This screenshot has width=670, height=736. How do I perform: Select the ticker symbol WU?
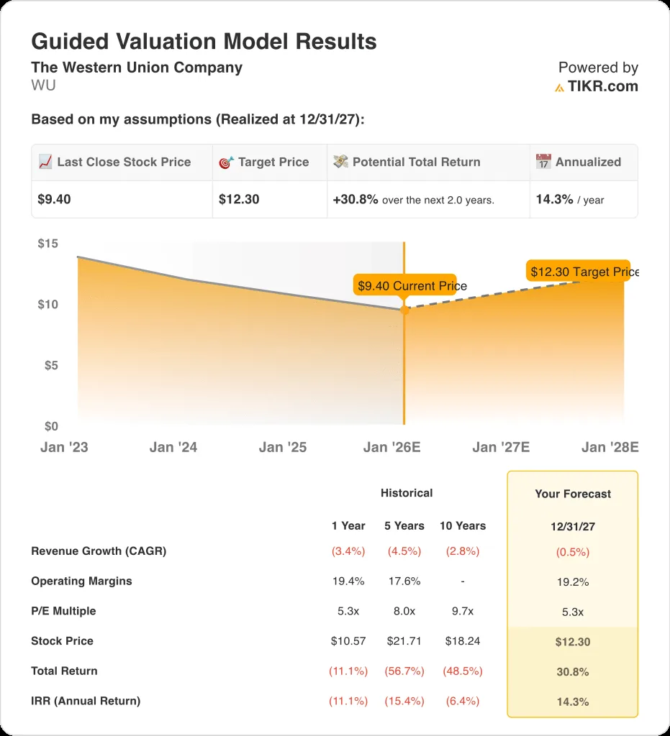click(x=43, y=86)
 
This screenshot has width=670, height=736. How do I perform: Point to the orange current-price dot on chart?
click(x=404, y=310)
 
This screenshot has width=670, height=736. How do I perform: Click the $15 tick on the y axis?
click(x=48, y=244)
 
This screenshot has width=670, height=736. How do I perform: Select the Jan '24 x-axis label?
click(x=173, y=447)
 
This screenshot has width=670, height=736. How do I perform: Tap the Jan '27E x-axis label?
click(x=501, y=447)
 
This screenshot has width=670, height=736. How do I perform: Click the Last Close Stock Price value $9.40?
click(x=55, y=199)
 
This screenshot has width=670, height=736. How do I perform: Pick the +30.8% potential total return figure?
click(x=356, y=199)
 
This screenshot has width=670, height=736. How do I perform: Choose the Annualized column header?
click(x=587, y=162)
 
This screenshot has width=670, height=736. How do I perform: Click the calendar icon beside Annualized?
click(x=543, y=162)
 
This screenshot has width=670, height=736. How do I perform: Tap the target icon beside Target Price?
click(x=226, y=162)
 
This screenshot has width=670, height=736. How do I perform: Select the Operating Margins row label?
click(x=81, y=581)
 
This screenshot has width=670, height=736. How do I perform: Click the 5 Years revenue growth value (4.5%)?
click(x=404, y=551)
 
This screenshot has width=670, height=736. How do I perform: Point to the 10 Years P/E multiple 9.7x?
click(x=462, y=611)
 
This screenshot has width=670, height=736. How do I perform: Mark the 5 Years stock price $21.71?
click(x=404, y=641)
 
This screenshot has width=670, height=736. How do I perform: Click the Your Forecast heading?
click(x=572, y=494)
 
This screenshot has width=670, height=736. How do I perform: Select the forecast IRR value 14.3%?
click(x=572, y=701)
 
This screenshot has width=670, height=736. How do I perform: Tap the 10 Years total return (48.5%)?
click(x=462, y=671)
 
